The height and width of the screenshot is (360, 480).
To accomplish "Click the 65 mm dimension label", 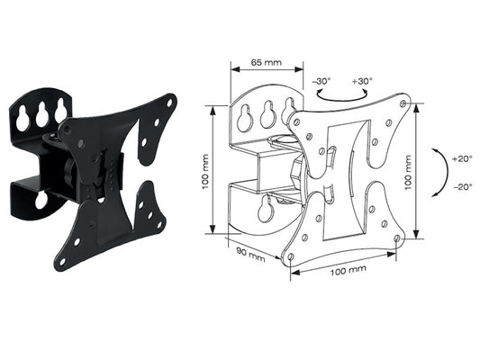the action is pyautogui.click(x=266, y=62).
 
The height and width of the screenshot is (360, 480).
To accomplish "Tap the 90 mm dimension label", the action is pyautogui.click(x=250, y=254).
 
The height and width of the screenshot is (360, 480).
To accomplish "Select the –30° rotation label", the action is pyautogui.click(x=322, y=82).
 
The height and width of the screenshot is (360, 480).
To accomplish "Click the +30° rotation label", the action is pyautogui.click(x=362, y=81).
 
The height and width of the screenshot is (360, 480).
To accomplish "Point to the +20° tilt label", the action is pyautogui.click(x=462, y=159).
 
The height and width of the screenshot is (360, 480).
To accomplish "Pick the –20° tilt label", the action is pyautogui.click(x=463, y=186).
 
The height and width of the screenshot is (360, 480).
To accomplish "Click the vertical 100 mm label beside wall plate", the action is pyautogui.click(x=205, y=172).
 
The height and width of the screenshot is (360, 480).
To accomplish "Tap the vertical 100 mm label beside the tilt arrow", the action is pyautogui.click(x=408, y=173).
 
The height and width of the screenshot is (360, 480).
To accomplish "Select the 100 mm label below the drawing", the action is pyautogui.click(x=348, y=270).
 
